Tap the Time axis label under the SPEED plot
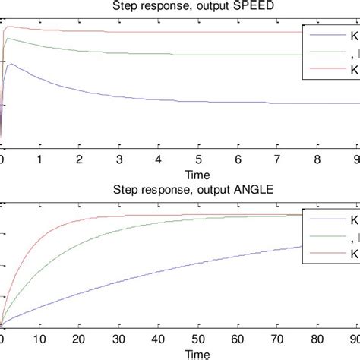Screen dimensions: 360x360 (178, 174)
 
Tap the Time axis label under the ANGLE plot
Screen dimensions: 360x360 (178, 354)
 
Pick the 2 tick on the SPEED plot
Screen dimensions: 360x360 (80, 160)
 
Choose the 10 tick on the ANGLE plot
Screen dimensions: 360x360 (40, 342)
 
